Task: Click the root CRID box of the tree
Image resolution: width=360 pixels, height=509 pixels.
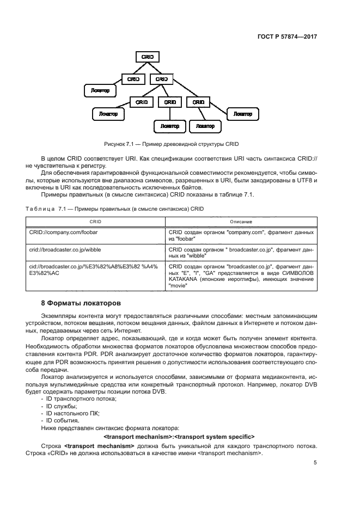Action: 147,57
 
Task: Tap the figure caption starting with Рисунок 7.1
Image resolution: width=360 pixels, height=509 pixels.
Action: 172,144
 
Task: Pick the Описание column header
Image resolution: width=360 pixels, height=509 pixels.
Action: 240,222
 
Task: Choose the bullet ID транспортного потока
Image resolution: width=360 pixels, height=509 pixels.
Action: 81,400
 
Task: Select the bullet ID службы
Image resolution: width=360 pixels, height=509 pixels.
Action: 62,407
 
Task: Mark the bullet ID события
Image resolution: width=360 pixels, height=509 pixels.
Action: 63,421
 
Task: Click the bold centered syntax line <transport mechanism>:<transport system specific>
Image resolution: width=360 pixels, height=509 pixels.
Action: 179,437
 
